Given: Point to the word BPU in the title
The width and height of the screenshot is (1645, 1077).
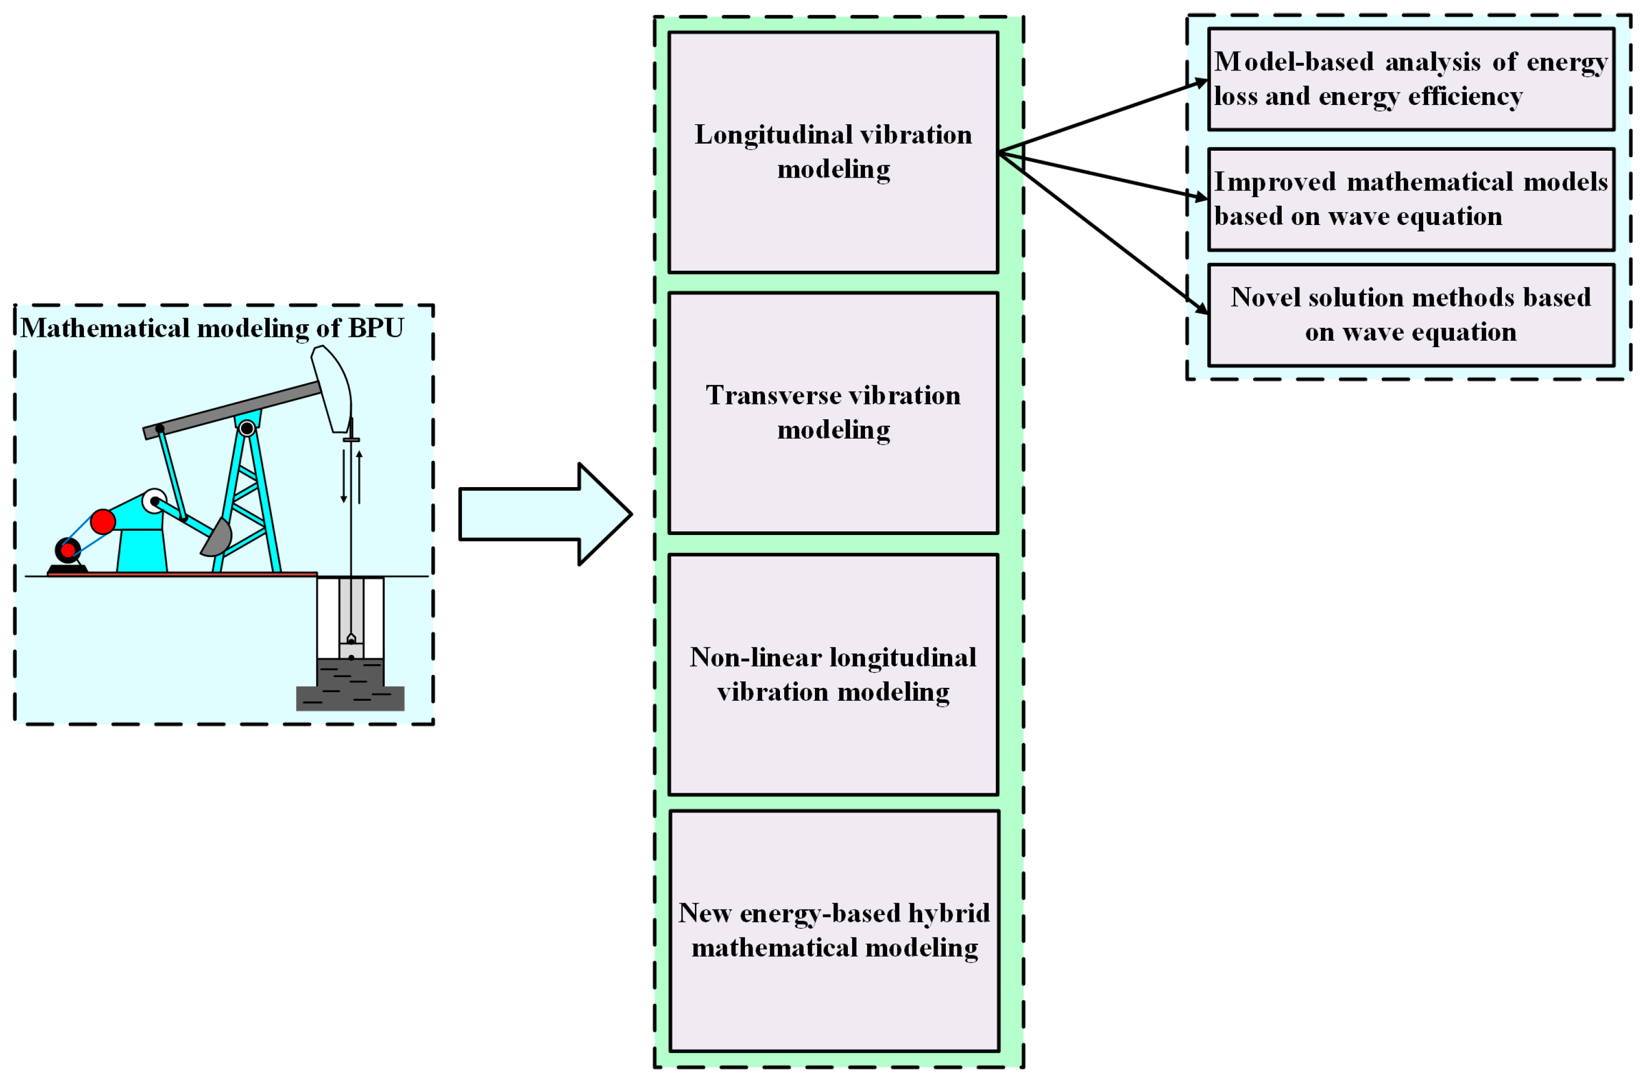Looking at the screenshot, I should (x=375, y=328).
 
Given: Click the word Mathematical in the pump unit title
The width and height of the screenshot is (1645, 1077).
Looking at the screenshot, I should (x=104, y=328).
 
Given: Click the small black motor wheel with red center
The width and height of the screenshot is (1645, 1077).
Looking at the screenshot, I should (x=68, y=550).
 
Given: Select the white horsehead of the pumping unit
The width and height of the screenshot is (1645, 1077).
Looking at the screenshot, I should (x=333, y=387).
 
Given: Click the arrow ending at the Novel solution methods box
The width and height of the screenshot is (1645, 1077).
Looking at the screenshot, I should (x=1106, y=231).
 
